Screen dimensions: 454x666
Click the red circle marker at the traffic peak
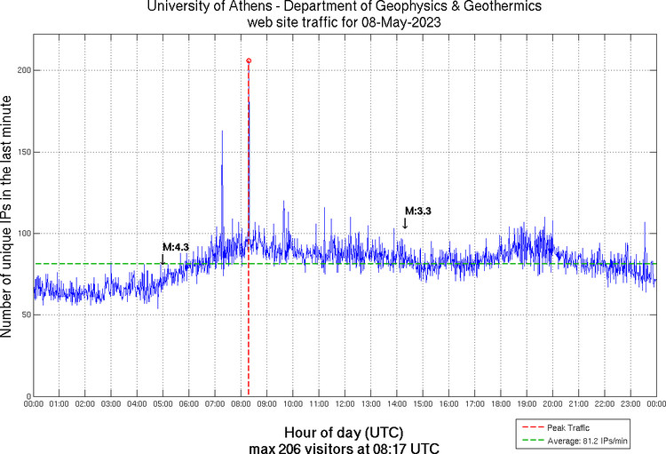click(249, 60)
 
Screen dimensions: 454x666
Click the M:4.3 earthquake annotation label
click(176, 247)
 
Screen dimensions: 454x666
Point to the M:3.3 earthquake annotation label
click(418, 211)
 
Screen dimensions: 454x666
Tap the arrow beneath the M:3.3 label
click(405, 223)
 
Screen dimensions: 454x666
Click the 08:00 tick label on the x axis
click(241, 404)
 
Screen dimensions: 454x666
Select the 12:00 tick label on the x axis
click(345, 404)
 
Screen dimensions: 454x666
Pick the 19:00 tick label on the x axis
click(527, 404)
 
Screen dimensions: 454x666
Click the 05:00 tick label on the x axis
click(163, 404)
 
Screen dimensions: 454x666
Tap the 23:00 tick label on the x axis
click(630, 404)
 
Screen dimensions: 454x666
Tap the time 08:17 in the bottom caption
click(398, 447)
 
